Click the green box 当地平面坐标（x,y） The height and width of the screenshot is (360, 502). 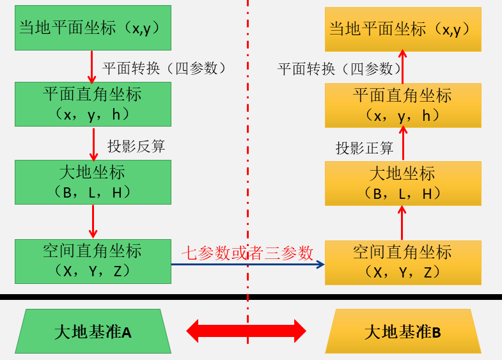tap(93, 28)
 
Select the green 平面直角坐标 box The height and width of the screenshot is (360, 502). tap(93, 104)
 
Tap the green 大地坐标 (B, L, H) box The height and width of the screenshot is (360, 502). tap(93, 182)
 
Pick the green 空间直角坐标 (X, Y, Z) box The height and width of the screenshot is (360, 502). tap(93, 261)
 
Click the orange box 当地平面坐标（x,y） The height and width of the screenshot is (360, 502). tap(403, 29)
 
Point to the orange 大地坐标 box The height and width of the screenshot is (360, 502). tap(403, 184)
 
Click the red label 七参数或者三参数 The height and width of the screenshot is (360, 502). tap(247, 253)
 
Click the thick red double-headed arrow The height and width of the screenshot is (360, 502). tap(246, 331)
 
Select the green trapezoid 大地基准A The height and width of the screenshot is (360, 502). tap(93, 332)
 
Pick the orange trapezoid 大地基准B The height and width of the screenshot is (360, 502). tap(403, 332)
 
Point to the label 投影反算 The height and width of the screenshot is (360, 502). tap(136, 146)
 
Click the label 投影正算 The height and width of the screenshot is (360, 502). tap(365, 148)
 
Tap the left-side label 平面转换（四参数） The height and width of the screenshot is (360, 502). tap(164, 68)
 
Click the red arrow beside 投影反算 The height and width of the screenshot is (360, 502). tap(93, 144)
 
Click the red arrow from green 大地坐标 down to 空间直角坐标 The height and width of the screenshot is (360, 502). tap(93, 221)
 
